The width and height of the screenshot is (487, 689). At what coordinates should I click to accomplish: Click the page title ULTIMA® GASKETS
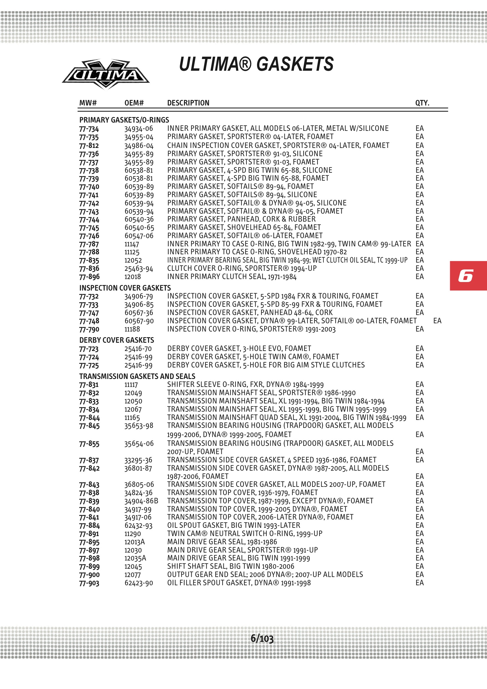point(256,64)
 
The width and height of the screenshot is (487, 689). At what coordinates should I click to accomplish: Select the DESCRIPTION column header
point(188,103)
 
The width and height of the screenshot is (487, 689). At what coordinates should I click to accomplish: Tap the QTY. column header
point(422,103)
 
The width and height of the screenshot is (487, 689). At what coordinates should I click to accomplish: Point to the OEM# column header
point(134,103)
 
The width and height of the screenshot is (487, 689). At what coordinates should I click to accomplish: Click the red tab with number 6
point(468,276)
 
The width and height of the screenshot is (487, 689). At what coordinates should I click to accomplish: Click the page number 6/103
point(262,638)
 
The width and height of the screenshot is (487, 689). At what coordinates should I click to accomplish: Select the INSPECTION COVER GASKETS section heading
point(125,288)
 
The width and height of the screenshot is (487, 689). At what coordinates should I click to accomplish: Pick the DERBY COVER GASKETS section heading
point(116,340)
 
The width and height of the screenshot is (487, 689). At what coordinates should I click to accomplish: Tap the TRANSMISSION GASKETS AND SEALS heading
point(137,376)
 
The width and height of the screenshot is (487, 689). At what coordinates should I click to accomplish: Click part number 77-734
point(89,129)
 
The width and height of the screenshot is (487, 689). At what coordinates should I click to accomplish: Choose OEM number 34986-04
point(139,146)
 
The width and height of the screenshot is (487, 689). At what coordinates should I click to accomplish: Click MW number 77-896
point(89,277)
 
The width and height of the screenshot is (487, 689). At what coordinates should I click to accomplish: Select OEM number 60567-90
point(139,321)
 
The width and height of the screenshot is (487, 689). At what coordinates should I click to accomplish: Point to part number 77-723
point(89,349)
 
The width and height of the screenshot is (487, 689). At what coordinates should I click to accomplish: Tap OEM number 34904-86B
point(141,501)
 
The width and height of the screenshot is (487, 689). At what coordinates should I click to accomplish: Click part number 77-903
point(89,583)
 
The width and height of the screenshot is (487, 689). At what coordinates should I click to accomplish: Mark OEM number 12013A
point(134,542)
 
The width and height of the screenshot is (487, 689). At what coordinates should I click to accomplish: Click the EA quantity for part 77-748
point(437,321)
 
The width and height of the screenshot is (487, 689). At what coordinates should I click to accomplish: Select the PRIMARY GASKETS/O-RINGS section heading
point(124,120)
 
